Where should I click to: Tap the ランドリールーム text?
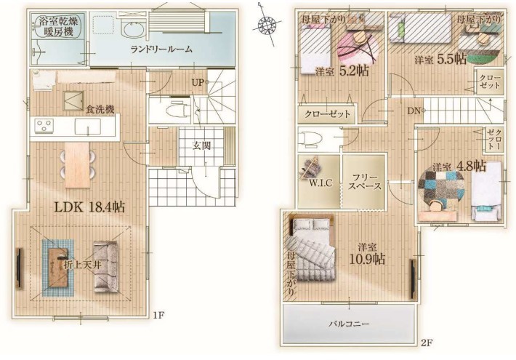coord(161,49)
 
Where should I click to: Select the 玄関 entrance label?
coord(201,145)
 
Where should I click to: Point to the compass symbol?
coord(266,24)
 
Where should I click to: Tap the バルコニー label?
coord(349,324)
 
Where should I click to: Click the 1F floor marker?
coord(158,316)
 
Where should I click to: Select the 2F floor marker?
coord(427,343)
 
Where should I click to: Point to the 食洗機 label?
coord(100,109)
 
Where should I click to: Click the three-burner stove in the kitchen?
coord(45,126)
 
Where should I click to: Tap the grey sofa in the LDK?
coord(105,267)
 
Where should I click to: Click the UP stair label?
coord(198,82)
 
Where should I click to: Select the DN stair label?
coord(414,111)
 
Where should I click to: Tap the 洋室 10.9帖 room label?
coord(367,254)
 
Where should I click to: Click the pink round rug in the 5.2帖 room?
coord(359,49)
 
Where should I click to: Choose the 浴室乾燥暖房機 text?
coord(59,27)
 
